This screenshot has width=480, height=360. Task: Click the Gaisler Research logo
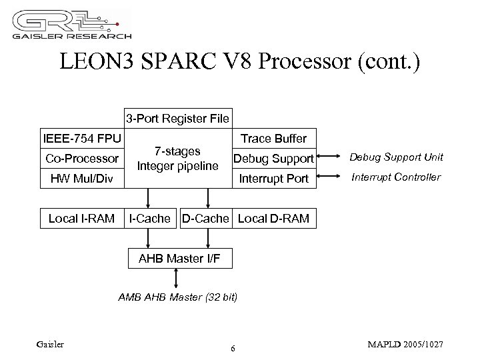[x=73, y=25]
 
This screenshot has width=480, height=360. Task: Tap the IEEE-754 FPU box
[x=82, y=139]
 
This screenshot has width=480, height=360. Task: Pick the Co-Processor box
[x=82, y=159]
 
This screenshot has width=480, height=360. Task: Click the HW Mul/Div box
[x=82, y=179]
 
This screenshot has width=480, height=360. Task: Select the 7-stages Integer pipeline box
[x=177, y=159]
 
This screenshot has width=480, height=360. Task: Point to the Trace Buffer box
[x=273, y=139]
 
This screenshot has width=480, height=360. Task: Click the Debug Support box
[x=273, y=159]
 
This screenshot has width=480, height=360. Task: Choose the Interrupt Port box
[x=273, y=179]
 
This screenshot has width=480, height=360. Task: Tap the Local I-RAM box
[x=82, y=218]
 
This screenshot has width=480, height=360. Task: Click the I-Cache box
[x=149, y=218]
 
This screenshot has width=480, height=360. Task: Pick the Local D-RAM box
[x=273, y=218]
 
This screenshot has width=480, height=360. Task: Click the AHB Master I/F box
[x=179, y=258]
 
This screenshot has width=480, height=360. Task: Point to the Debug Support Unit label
[x=397, y=157]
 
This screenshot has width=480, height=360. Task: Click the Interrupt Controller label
[x=396, y=177]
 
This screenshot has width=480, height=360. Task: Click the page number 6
[x=232, y=349]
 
